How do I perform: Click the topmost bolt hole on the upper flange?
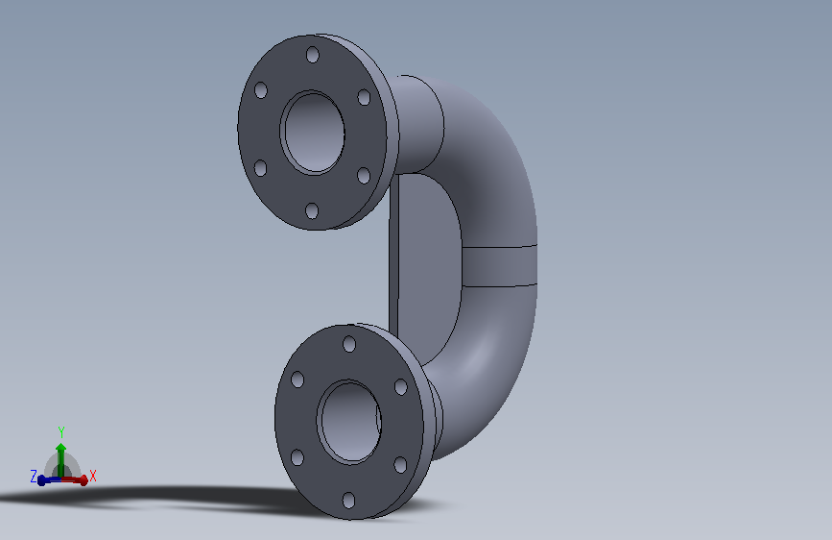313,55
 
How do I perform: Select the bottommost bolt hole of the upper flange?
312,211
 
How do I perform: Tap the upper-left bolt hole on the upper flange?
260,89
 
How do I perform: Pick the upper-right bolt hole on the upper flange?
364,97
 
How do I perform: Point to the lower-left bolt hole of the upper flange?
260,168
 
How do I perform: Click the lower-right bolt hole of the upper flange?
364,176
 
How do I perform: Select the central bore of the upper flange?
313,133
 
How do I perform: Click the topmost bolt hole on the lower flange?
349,344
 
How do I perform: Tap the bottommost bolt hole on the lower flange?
348,501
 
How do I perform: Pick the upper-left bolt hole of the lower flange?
297,380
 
